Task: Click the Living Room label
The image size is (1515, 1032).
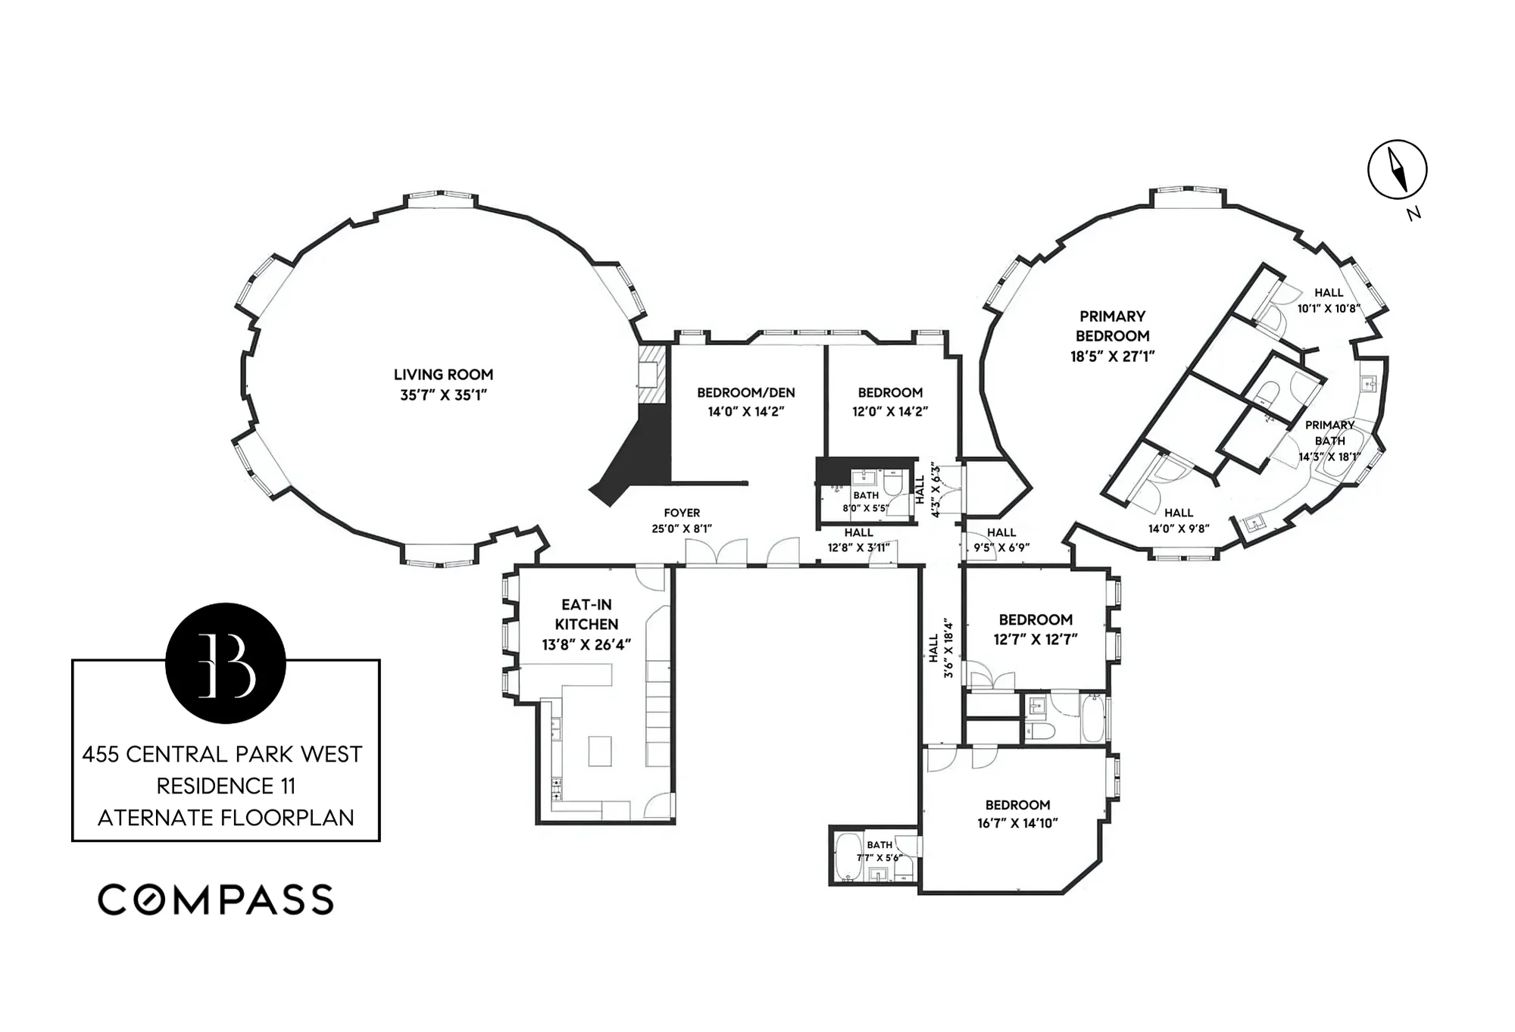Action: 443,385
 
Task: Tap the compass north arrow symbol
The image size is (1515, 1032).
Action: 1397,170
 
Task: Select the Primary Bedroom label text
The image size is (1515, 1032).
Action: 1112,336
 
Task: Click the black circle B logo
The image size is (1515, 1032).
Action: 226,663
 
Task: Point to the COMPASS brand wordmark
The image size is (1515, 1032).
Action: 216,900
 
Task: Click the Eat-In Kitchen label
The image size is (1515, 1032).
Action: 586,624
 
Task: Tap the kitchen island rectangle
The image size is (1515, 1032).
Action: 599,751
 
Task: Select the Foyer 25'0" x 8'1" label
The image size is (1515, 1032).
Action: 682,521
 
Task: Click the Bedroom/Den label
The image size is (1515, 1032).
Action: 745,402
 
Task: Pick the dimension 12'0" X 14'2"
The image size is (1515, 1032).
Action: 890,412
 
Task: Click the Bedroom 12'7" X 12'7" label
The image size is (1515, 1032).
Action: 1036,629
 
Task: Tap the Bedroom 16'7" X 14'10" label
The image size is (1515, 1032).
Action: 1017,814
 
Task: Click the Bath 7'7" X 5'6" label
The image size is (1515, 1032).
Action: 879,851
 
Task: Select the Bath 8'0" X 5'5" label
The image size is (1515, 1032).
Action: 865,501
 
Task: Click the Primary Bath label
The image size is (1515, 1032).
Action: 1329,441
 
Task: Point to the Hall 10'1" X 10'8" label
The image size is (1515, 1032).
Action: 1329,301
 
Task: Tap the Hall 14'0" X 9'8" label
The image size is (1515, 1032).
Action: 1179,521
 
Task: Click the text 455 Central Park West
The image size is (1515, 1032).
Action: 222,754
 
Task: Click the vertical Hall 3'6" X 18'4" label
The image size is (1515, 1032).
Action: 940,648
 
